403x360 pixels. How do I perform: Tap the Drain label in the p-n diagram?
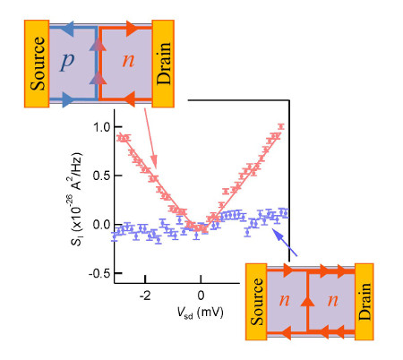[164, 63]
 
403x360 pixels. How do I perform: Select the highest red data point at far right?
[280, 126]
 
